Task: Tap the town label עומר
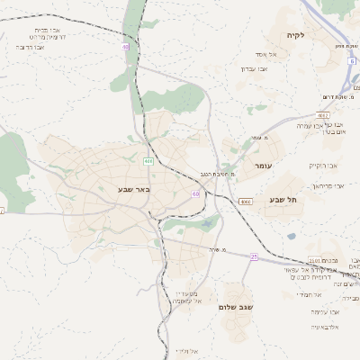(264, 166)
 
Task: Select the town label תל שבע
(283, 200)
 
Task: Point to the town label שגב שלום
(235, 306)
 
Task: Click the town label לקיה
(296, 35)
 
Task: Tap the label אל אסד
(266, 55)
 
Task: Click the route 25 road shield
(254, 256)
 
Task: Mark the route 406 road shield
(148, 160)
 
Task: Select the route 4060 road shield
(246, 202)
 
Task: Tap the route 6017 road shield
(323, 114)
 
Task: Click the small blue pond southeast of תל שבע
(292, 237)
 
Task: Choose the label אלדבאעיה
(324, 326)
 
